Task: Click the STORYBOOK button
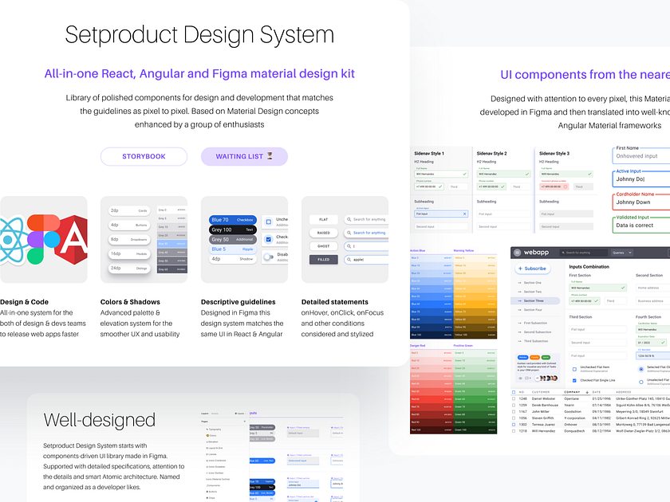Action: [x=144, y=156]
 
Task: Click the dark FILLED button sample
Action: [x=323, y=259]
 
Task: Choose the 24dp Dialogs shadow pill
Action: [x=129, y=268]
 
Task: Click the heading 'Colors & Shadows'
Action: [x=130, y=302]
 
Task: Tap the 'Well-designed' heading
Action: [x=99, y=420]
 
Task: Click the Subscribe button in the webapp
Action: [x=532, y=269]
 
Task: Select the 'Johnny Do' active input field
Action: [x=641, y=179]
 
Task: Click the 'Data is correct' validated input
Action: [x=641, y=226]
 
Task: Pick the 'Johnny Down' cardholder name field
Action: [x=641, y=202]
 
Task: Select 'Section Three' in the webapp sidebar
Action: [x=534, y=301]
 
